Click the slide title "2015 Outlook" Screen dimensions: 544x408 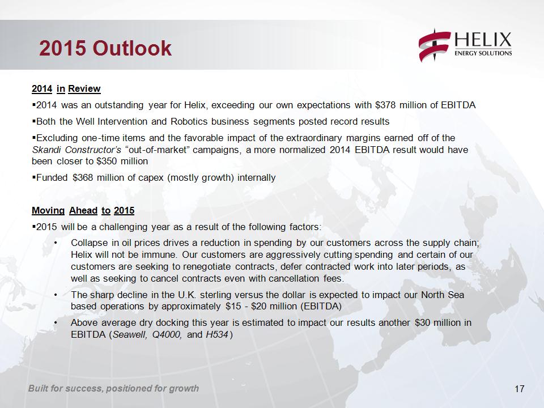(105, 48)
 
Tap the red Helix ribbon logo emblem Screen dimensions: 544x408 (435, 45)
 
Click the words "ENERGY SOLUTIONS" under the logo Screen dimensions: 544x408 (483, 53)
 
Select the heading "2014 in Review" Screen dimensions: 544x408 (66, 89)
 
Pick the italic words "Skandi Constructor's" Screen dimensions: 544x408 (76, 150)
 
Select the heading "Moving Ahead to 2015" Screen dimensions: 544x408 (83, 211)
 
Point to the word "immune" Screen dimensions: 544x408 (160, 254)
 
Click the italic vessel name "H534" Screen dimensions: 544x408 (217, 334)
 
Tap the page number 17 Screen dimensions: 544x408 (520, 389)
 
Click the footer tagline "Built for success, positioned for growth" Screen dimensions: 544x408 (113, 388)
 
